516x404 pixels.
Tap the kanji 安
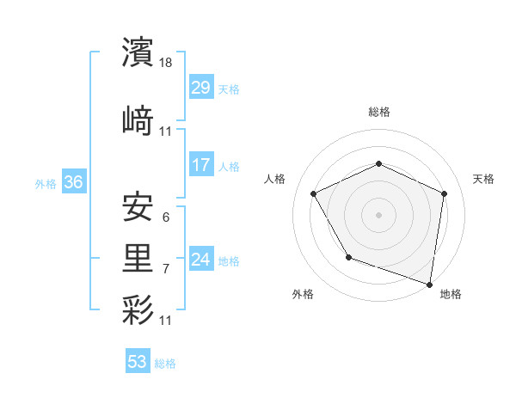click(138, 205)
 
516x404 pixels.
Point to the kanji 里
click(138, 257)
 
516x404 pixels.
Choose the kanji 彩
click(138, 309)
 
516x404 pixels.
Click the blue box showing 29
click(200, 88)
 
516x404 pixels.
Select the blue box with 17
click(200, 165)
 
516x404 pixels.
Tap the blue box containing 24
click(200, 260)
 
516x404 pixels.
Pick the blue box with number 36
click(73, 182)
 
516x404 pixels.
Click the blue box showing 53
click(138, 362)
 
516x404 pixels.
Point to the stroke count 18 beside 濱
click(167, 63)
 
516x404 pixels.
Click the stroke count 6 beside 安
click(165, 217)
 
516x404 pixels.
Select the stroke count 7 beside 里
click(165, 269)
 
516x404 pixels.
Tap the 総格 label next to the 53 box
click(165, 364)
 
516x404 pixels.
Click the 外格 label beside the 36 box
click(46, 183)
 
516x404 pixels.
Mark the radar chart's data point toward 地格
click(429, 284)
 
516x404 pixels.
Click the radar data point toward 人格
click(314, 193)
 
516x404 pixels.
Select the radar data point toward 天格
click(444, 193)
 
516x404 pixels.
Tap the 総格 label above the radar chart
click(378, 112)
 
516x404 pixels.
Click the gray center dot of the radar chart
click(378, 214)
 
